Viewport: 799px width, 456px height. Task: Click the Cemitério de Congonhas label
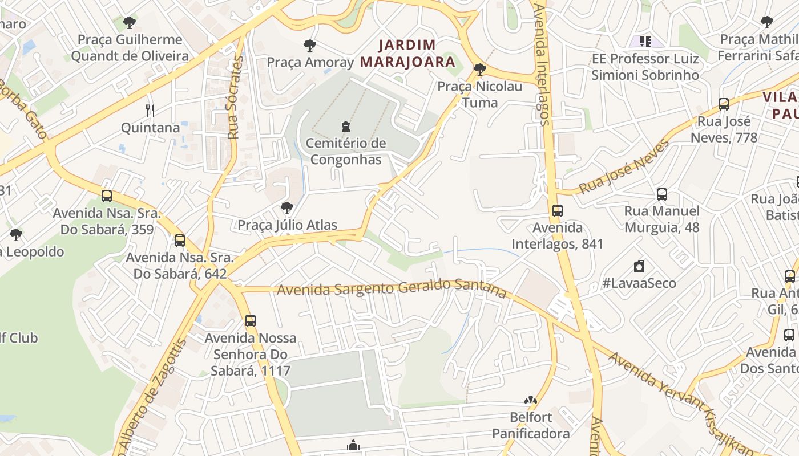coord(346,152)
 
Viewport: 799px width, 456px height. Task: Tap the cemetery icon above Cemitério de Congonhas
coord(345,126)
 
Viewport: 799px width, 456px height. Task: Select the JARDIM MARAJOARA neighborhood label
coord(408,53)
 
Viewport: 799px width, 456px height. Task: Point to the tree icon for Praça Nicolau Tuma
coord(480,70)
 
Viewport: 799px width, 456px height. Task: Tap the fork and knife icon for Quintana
coord(150,111)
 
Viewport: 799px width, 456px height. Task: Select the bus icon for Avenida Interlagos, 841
coord(558,211)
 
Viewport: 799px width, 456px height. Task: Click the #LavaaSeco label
coord(639,283)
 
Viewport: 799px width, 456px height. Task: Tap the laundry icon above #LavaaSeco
coord(639,266)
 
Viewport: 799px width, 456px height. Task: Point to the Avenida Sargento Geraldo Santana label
coord(392,288)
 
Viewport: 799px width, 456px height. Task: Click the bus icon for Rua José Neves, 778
coord(724,104)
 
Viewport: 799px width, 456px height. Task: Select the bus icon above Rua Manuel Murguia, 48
coord(662,194)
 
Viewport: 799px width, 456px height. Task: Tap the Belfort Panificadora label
coord(531,425)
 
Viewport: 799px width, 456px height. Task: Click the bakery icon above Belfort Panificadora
coord(531,401)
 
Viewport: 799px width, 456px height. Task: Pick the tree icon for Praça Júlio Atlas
coord(287,208)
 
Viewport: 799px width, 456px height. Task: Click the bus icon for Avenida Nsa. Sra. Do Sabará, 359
coord(107,196)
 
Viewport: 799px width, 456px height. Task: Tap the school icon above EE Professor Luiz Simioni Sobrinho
coord(645,41)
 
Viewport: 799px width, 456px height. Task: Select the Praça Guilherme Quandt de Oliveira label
coord(130,48)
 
